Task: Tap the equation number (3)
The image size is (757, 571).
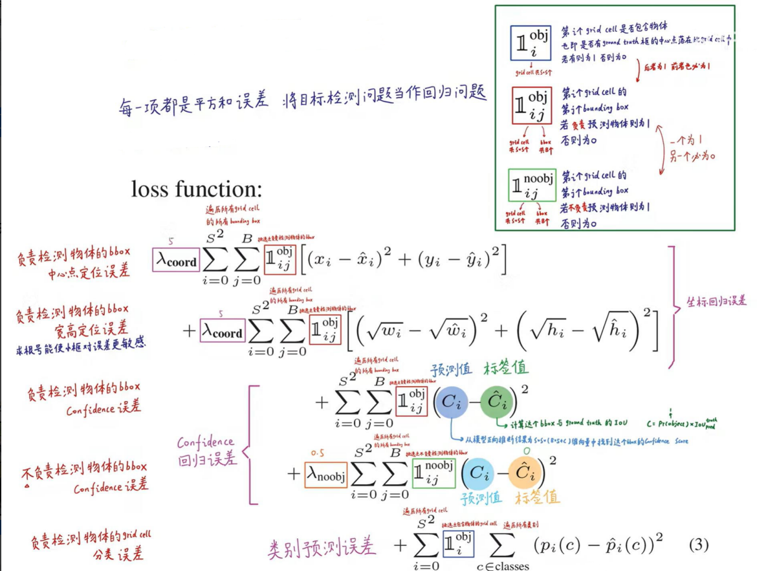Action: click(699, 544)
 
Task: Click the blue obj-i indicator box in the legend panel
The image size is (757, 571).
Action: click(530, 43)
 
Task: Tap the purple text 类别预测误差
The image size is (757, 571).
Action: click(322, 548)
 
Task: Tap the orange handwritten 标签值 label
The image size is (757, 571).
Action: click(537, 497)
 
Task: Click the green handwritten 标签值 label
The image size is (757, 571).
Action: click(505, 369)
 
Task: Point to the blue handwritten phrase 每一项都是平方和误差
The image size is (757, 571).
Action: click(194, 103)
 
